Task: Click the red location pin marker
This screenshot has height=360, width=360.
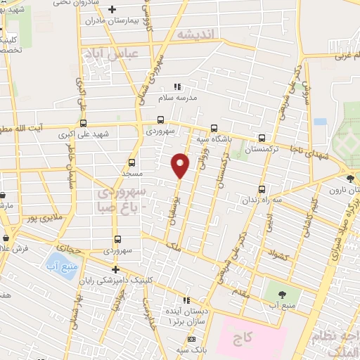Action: tap(181, 165)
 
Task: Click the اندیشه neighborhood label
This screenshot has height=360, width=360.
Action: tap(195, 34)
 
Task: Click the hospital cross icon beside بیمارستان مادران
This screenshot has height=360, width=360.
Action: tap(114, 9)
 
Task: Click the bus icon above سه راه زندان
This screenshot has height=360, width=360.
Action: tap(262, 189)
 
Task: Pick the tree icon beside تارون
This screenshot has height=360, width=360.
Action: tap(351, 177)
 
